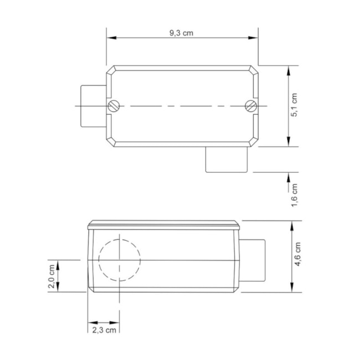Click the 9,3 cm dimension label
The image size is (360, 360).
[x=181, y=32]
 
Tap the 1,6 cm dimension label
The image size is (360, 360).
[x=295, y=195]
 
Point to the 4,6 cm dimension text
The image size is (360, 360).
[x=299, y=255]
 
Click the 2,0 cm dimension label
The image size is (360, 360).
[x=52, y=275]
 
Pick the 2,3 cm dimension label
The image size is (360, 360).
[x=104, y=330]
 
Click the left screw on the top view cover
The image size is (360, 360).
[x=114, y=105]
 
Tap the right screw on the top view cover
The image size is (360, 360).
[x=250, y=105]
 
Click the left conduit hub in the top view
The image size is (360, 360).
[x=92, y=105]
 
